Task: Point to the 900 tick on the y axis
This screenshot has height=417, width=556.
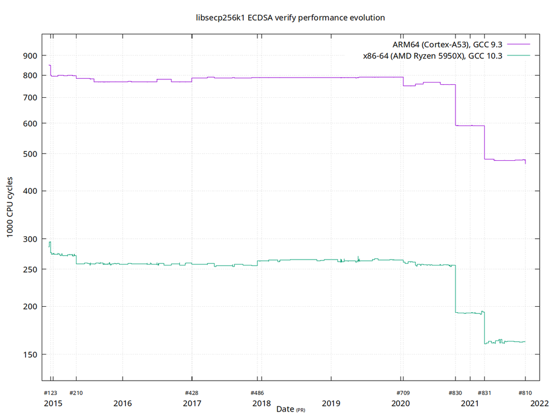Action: coord(30,55)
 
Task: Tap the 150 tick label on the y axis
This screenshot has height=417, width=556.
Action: coord(30,355)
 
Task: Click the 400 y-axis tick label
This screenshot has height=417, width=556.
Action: coord(30,191)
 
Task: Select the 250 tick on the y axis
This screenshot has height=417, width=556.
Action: coord(30,269)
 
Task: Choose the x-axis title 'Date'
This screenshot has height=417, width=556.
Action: coord(285,408)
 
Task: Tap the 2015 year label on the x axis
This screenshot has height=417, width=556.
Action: coord(53,403)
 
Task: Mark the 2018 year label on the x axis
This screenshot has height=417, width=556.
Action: coord(262,403)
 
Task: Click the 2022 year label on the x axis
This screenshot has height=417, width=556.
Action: coord(540,403)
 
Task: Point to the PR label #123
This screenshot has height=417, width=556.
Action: coord(50,393)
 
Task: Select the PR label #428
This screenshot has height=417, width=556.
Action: coord(192,393)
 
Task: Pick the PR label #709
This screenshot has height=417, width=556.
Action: coord(402,393)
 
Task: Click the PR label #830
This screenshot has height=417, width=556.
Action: coord(455,393)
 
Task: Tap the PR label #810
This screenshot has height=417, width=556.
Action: coord(525,393)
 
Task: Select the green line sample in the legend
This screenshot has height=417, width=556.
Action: coord(519,55)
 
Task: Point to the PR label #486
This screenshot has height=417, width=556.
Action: coord(257,393)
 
